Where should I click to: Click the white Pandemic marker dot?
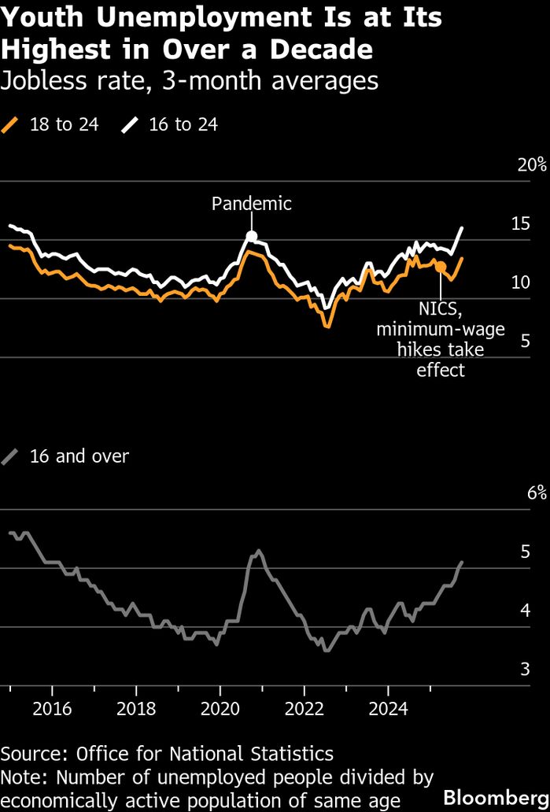(251, 235)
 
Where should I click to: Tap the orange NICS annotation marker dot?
(441, 268)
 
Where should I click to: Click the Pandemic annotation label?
(251, 204)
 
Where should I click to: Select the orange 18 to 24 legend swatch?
(10, 124)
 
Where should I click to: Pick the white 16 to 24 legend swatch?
(129, 124)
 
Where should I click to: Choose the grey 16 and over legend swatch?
(10, 456)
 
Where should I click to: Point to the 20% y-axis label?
(531, 164)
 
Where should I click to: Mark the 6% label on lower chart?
(535, 493)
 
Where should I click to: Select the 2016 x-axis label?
(52, 708)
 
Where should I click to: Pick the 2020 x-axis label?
(220, 708)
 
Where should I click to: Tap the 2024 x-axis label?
(389, 708)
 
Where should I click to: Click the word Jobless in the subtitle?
(39, 80)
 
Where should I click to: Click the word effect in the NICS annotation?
(441, 369)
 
